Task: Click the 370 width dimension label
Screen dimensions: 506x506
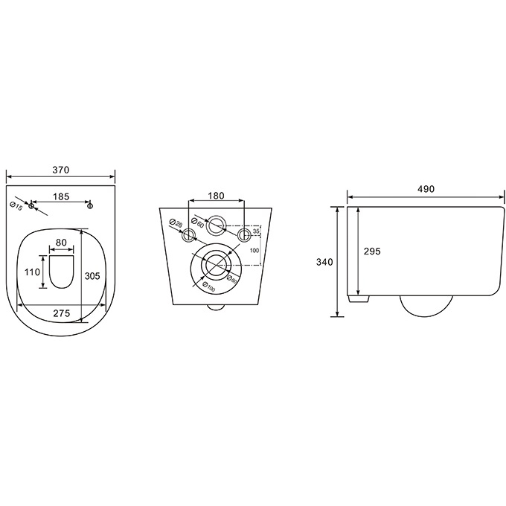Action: pos(61,170)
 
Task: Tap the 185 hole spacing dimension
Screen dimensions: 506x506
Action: pos(61,196)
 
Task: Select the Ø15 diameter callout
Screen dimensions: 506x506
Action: pos(16,206)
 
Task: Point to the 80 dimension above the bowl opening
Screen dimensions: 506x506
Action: pos(61,243)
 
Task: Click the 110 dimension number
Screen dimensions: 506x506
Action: pos(32,272)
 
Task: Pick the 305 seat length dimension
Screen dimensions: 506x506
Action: pos(92,276)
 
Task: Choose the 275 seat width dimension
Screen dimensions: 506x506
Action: pos(61,313)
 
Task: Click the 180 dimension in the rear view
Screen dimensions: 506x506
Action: pos(216,196)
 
